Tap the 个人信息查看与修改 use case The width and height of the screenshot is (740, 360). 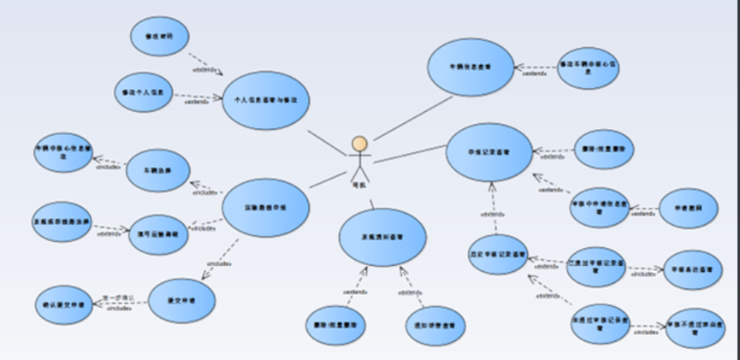coord(265,100)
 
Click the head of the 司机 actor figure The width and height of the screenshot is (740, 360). coord(360,144)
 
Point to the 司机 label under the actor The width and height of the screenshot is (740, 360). coord(359,185)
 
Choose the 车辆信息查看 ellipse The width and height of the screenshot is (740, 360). coord(471,67)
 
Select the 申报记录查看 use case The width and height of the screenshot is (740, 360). coord(490,151)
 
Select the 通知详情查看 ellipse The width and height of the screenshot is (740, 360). coord(435,326)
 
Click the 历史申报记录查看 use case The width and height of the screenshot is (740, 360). coord(497,255)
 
